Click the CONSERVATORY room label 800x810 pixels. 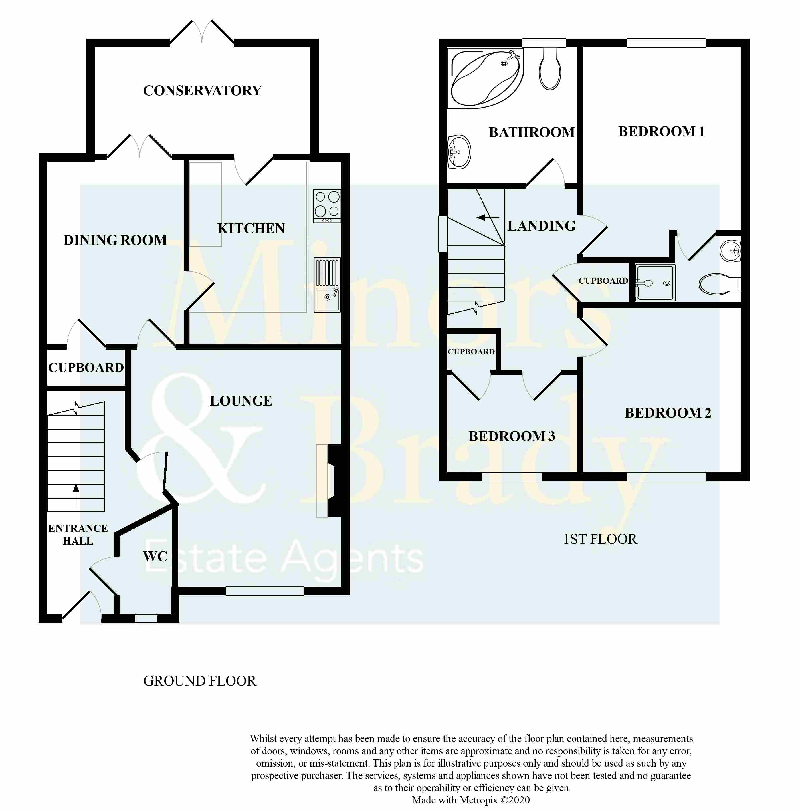[x=202, y=91]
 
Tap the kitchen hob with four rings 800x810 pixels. [x=327, y=206]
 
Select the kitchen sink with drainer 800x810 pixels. [x=327, y=285]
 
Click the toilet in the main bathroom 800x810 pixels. [x=550, y=68]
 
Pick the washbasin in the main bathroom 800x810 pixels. [x=459, y=152]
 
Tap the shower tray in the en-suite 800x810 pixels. [x=655, y=283]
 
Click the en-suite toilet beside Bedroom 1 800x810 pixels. [x=719, y=284]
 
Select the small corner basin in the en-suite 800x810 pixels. [x=730, y=251]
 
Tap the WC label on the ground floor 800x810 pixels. [x=155, y=557]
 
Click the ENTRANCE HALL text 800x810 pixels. [x=78, y=535]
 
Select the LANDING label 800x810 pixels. [x=541, y=226]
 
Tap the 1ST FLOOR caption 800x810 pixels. [x=600, y=539]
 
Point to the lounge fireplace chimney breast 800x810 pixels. [x=338, y=481]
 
